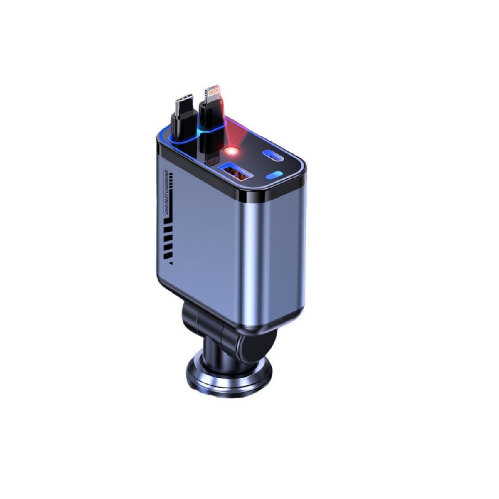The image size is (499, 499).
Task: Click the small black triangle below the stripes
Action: (167, 262)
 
